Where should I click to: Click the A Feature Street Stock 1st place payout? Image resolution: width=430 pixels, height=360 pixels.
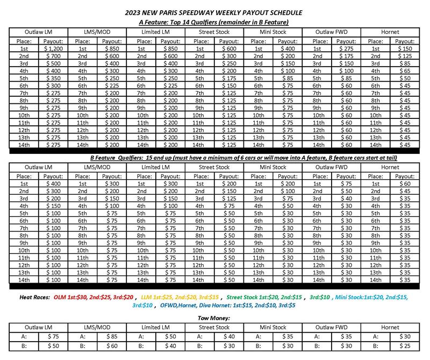pos(228,49)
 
